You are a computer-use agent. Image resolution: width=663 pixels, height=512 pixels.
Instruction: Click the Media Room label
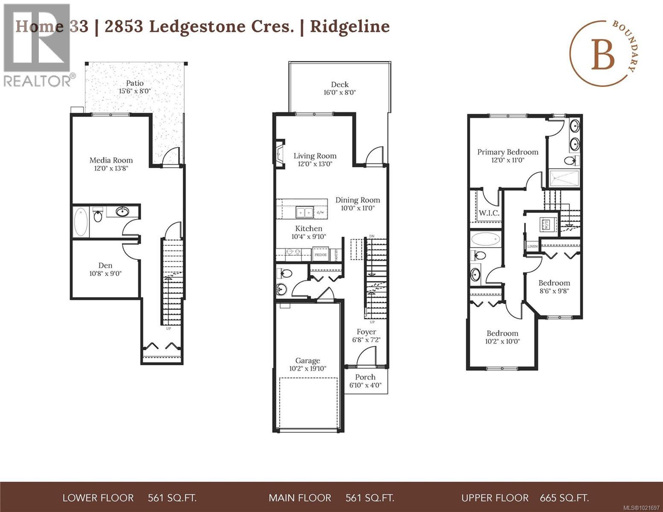click(111, 160)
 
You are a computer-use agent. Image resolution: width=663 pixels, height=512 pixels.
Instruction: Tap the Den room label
click(105, 265)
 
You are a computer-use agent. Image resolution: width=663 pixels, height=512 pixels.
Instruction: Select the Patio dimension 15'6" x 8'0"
click(134, 91)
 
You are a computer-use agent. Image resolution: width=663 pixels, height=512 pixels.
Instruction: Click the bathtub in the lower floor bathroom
click(81, 222)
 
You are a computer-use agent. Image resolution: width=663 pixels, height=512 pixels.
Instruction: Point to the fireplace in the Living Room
click(280, 154)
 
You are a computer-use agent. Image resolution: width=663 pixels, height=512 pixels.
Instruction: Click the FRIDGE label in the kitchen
click(320, 255)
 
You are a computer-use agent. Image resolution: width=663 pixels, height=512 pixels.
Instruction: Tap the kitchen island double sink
click(305, 212)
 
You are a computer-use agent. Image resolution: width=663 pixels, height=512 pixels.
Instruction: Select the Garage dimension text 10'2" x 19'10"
click(307, 369)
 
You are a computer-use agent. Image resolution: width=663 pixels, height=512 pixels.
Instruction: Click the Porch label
click(365, 377)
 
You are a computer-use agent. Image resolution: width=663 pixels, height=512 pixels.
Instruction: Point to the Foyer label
click(366, 332)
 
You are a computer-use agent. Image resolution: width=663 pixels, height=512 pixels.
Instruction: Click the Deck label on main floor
click(340, 84)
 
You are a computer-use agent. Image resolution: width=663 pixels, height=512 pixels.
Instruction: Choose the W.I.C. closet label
click(489, 213)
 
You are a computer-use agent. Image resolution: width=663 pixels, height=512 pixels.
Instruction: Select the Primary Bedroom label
click(508, 152)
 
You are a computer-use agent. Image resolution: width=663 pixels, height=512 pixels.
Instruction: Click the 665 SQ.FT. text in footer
click(564, 498)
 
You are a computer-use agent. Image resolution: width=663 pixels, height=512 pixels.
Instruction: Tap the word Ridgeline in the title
click(350, 26)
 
